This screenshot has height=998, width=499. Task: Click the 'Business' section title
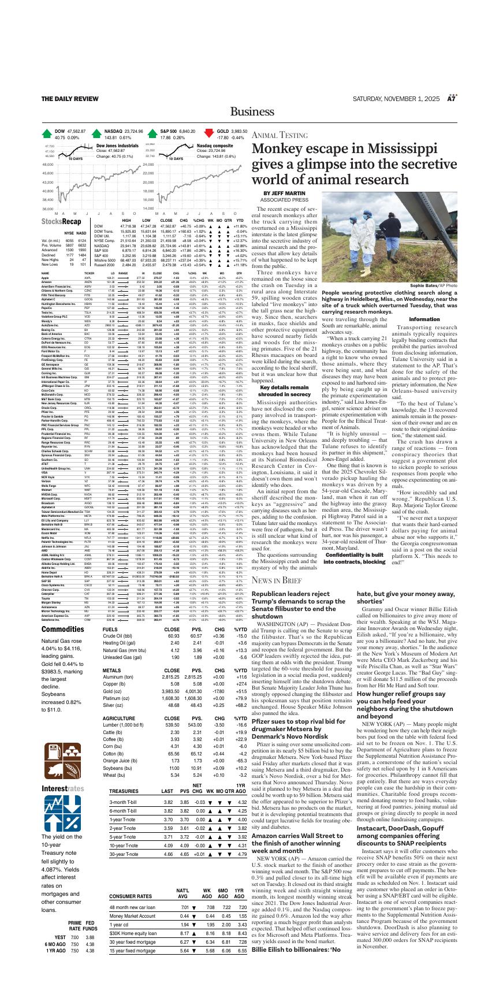[249, 111]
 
